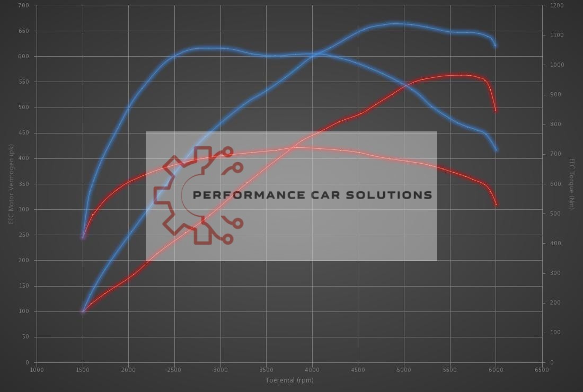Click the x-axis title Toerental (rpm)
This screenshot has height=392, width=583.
pyautogui.click(x=289, y=380)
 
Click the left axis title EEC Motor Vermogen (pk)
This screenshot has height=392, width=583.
pyautogui.click(x=11, y=184)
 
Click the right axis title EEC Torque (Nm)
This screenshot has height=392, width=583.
pyautogui.click(x=571, y=184)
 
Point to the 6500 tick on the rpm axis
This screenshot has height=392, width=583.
pyautogui.click(x=542, y=370)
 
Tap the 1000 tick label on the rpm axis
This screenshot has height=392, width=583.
pyautogui.click(x=37, y=370)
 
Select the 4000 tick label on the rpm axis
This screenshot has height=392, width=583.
pyautogui.click(x=312, y=370)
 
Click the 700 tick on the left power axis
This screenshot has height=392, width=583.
pyautogui.click(x=24, y=5)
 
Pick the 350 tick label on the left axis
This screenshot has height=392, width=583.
pyautogui.click(x=24, y=184)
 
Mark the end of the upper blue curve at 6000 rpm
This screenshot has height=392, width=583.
pyautogui.click(x=496, y=46)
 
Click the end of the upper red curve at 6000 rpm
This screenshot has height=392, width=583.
pyautogui.click(x=496, y=110)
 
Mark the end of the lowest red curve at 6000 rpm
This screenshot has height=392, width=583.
pyautogui.click(x=496, y=204)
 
